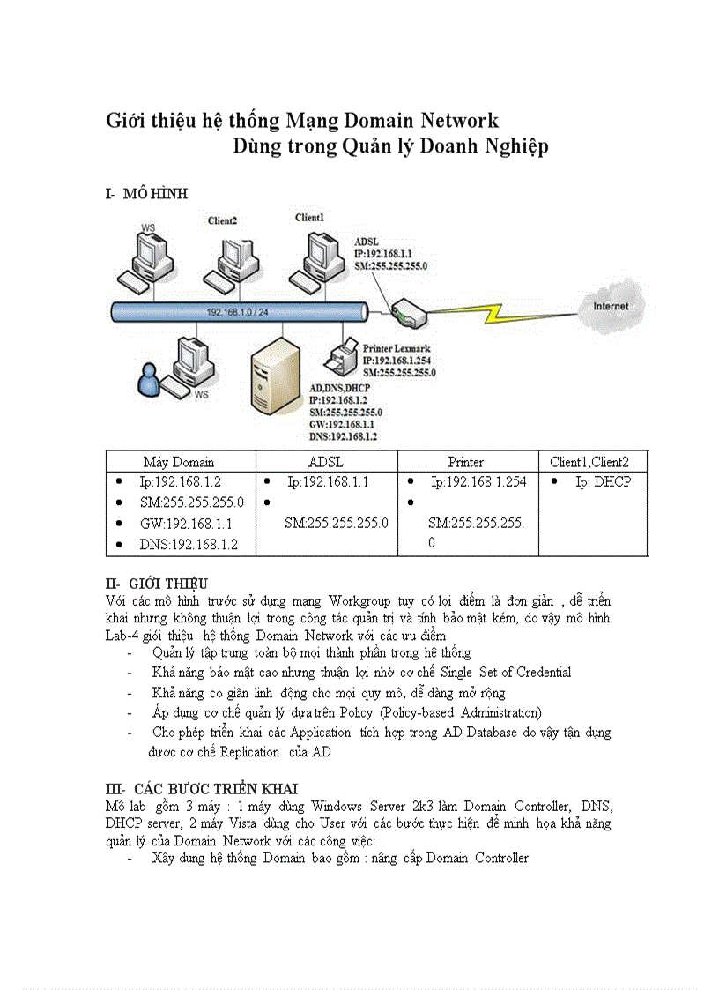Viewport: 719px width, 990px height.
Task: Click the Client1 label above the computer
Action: pyautogui.click(x=309, y=218)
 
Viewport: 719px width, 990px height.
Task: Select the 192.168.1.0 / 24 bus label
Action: pyautogui.click(x=238, y=312)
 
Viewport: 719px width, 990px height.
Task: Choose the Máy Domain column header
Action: pyautogui.click(x=179, y=462)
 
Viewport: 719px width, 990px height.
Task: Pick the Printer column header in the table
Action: pyautogui.click(x=465, y=462)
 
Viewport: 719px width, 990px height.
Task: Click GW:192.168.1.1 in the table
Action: pyautogui.click(x=185, y=524)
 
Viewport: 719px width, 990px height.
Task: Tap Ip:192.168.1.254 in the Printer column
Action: pyautogui.click(x=478, y=482)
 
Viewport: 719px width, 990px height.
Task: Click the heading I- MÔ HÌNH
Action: pyautogui.click(x=146, y=194)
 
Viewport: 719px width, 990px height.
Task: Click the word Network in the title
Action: pyautogui.click(x=458, y=120)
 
